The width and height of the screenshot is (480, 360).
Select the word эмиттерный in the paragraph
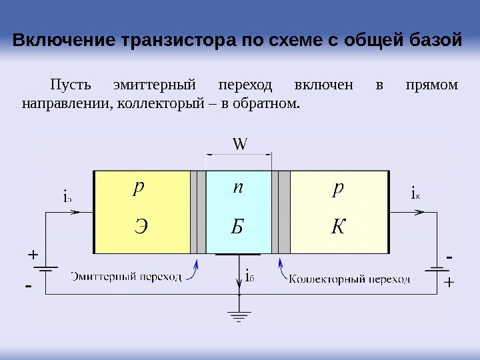[156, 86]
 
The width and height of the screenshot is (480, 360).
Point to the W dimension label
[238, 143]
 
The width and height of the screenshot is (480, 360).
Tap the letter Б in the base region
[237, 227]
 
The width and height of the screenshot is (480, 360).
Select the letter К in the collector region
[338, 227]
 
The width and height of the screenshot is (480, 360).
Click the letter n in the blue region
[237, 189]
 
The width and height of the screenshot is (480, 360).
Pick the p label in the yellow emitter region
[138, 189]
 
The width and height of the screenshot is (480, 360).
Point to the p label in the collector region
[338, 189]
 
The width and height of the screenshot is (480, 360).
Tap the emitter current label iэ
[67, 197]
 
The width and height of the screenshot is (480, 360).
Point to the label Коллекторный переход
[349, 279]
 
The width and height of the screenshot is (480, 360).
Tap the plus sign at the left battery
[33, 255]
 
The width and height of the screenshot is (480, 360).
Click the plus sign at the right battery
[448, 283]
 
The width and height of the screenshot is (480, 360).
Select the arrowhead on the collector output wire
[419, 212]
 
